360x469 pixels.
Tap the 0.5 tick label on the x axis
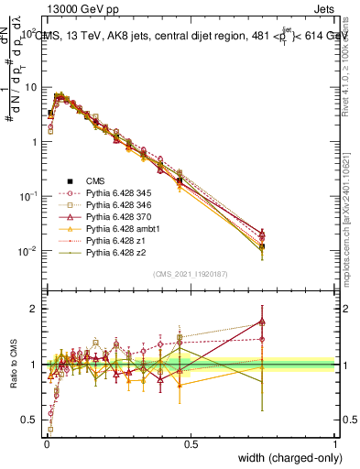coord(191,443)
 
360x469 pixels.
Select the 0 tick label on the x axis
coord(46,443)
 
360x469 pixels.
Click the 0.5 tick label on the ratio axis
coord(27,420)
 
